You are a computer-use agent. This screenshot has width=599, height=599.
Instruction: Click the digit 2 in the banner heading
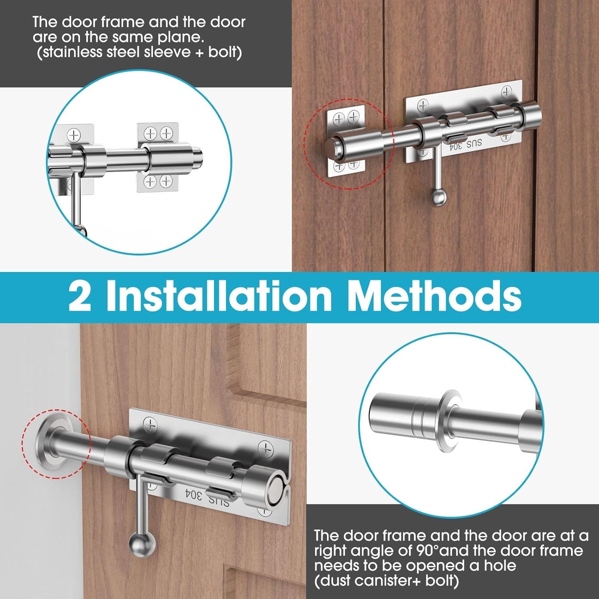tap(79, 296)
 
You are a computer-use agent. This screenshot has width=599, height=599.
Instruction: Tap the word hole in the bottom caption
tap(500, 565)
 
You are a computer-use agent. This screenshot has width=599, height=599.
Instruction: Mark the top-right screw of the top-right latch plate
tap(506, 92)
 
